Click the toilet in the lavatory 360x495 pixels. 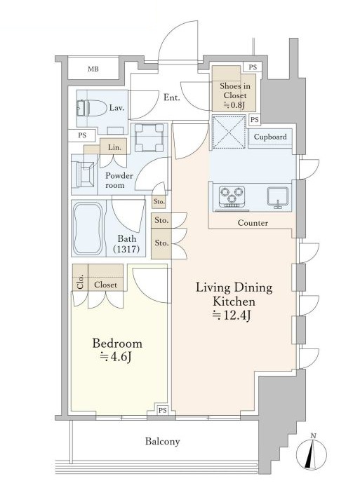pyautogui.click(x=92, y=108)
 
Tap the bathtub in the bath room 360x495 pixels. pyautogui.click(x=88, y=229)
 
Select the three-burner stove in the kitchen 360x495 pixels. pyautogui.click(x=232, y=197)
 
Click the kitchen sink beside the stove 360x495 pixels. pyautogui.click(x=278, y=197)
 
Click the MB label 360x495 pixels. pyautogui.click(x=93, y=69)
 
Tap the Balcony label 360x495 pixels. pyautogui.click(x=163, y=441)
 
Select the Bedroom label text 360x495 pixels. pyautogui.click(x=117, y=344)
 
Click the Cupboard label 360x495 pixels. pyautogui.click(x=270, y=137)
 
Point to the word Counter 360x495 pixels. pyautogui.click(x=253, y=223)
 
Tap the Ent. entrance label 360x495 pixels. pyautogui.click(x=172, y=97)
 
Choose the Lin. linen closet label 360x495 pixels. pyautogui.click(x=114, y=147)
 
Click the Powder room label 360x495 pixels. pyautogui.click(x=119, y=180)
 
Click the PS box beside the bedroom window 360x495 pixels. pyautogui.click(x=163, y=410)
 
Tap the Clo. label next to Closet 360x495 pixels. pyautogui.click(x=80, y=282)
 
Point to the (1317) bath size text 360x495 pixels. pyautogui.click(x=126, y=250)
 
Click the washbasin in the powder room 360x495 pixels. pyautogui.click(x=84, y=175)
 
